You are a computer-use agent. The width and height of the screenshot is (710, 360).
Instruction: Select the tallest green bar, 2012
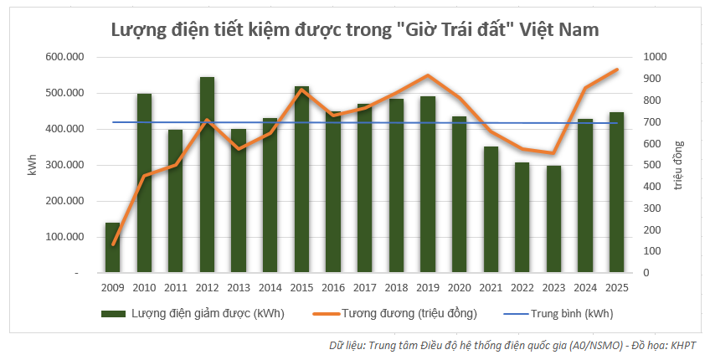coord(207,175)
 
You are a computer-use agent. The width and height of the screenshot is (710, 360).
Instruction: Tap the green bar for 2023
coord(553,219)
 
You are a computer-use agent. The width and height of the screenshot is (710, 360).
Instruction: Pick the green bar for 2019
coord(428,184)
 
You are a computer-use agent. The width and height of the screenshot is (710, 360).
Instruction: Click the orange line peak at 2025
coord(616,69)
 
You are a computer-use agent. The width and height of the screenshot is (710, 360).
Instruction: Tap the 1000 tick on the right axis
coord(654,57)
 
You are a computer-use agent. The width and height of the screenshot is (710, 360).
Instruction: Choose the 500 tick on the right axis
coord(651,165)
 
